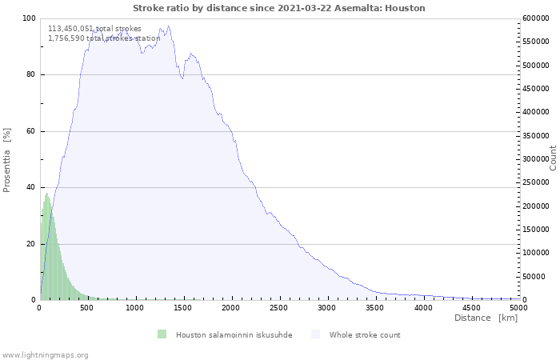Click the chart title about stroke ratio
[x=278, y=8]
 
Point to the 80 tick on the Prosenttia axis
[x=30, y=75]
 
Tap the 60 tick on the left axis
[x=30, y=131]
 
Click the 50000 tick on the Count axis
[x=536, y=277]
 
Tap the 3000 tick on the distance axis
[x=327, y=307]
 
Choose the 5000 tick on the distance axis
[x=518, y=307]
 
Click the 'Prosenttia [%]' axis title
[x=7, y=159]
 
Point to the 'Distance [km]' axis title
[x=486, y=318]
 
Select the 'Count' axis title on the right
[x=553, y=158]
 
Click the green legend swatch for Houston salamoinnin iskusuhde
[x=162, y=334]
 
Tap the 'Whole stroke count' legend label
[x=365, y=335]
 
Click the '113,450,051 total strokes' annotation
[x=94, y=29]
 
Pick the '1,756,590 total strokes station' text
[x=104, y=38]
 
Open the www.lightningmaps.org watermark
[x=45, y=355]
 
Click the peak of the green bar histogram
[x=47, y=194]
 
